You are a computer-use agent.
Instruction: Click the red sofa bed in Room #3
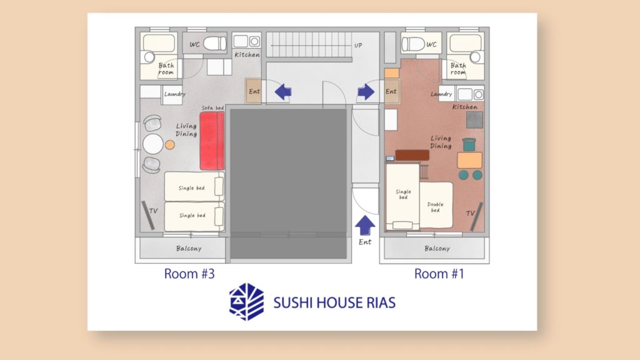pyautogui.click(x=212, y=141)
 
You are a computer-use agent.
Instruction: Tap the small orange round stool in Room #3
pyautogui.click(x=170, y=144)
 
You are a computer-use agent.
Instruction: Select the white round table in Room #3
pyautogui.click(x=153, y=144)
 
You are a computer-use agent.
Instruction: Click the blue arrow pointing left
pyautogui.click(x=283, y=91)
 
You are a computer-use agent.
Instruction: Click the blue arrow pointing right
pyautogui.click(x=366, y=91)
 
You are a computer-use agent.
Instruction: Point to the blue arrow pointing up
pyautogui.click(x=365, y=225)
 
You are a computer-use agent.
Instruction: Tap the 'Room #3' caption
pyautogui.click(x=189, y=274)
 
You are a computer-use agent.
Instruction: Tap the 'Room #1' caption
pyautogui.click(x=439, y=274)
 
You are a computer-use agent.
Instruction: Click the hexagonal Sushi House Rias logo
pyautogui.click(x=246, y=302)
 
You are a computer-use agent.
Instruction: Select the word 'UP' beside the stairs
pyautogui.click(x=358, y=45)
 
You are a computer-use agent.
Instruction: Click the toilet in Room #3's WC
pyautogui.click(x=215, y=43)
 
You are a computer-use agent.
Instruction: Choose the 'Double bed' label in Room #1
pyautogui.click(x=435, y=207)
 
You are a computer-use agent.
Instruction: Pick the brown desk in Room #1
pyautogui.click(x=412, y=155)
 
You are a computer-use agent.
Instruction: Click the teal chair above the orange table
pyautogui.click(x=469, y=144)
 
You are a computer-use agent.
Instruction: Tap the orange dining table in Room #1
pyautogui.click(x=469, y=161)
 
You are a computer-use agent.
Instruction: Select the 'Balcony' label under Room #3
pyautogui.click(x=189, y=248)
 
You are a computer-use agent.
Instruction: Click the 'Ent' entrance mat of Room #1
pyautogui.click(x=391, y=91)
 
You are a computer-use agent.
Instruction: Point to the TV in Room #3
pyautogui.click(x=148, y=215)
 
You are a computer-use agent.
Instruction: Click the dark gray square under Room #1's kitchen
pyautogui.click(x=475, y=120)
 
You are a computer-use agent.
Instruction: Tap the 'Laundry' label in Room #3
pyautogui.click(x=175, y=94)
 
